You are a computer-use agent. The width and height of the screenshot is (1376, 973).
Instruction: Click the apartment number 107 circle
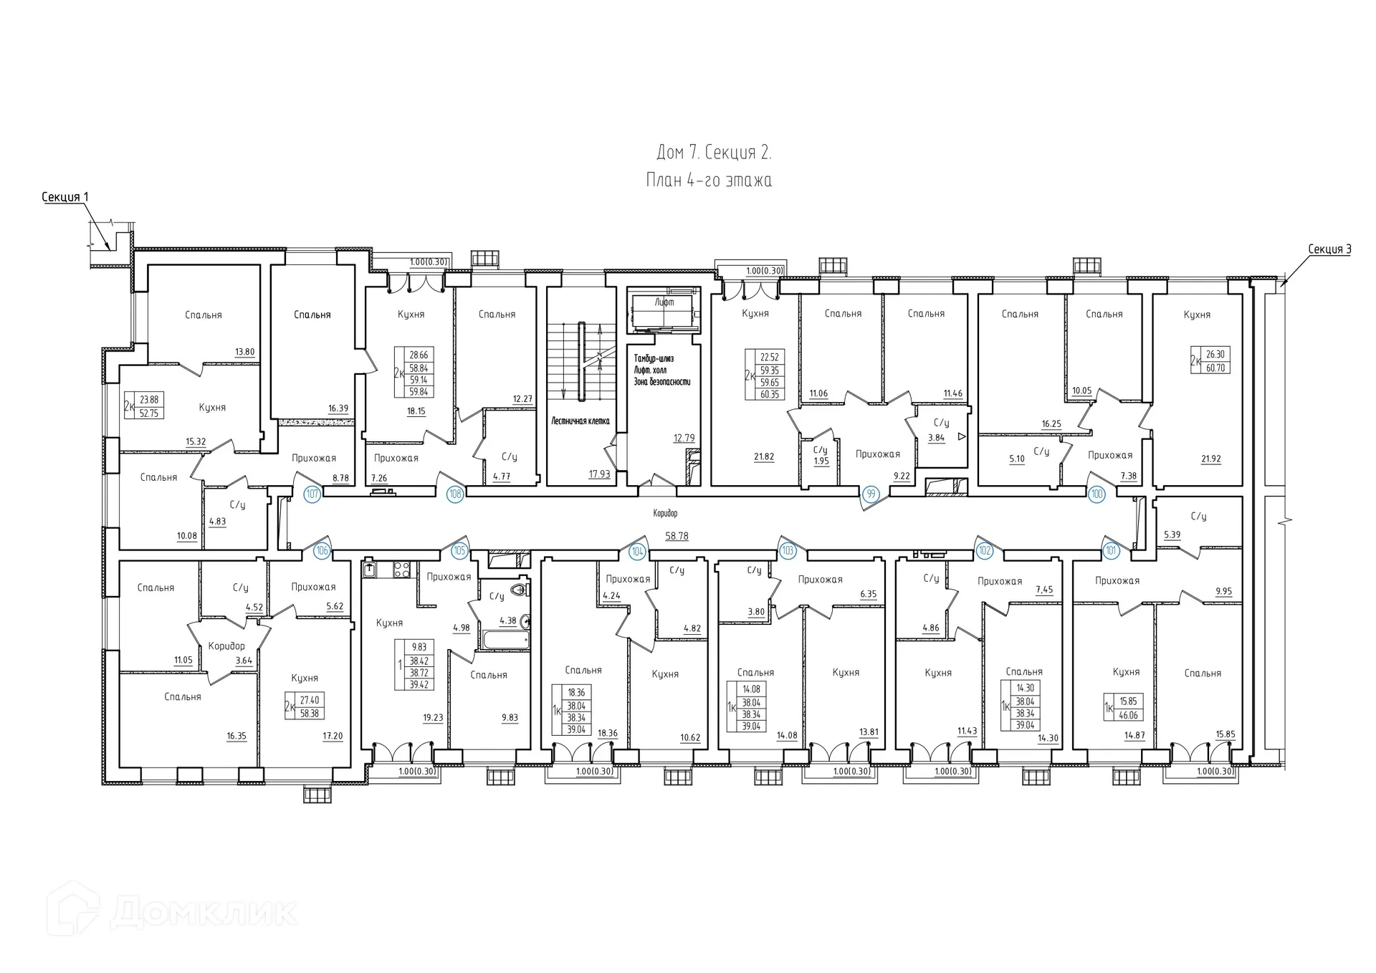[312, 494]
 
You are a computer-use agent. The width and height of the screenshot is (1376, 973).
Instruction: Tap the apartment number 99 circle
[871, 494]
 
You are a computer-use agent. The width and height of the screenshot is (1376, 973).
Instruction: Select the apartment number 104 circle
[637, 551]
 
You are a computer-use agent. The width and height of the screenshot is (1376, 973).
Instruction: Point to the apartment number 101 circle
[1112, 551]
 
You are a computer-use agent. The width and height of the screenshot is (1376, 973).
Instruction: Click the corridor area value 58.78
[676, 536]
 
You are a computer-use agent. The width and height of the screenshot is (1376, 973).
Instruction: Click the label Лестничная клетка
[580, 421]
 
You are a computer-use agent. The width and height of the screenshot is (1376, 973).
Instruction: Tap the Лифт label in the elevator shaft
[664, 302]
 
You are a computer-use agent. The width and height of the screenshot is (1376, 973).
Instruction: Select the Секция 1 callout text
[65, 197]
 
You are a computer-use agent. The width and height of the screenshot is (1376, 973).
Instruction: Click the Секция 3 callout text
[1329, 249]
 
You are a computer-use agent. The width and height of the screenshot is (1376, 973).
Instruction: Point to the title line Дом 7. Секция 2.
[714, 153]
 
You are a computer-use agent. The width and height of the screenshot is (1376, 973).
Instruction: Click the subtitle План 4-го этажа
[709, 180]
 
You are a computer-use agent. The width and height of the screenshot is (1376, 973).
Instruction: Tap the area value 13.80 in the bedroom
[244, 352]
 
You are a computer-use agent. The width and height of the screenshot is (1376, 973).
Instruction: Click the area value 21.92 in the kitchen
[1210, 459]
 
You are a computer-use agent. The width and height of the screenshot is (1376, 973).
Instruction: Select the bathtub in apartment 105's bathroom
[506, 638]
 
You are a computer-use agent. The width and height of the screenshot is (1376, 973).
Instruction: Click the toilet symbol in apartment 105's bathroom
[522, 589]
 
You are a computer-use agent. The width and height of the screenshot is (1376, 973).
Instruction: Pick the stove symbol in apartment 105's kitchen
[401, 570]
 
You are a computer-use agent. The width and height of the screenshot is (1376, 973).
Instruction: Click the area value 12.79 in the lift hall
[684, 438]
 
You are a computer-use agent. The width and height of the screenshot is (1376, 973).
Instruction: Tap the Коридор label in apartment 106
[226, 646]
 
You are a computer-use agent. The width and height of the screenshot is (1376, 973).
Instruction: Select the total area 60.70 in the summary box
[1215, 368]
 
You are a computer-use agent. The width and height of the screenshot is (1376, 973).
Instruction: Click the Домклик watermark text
[204, 913]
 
